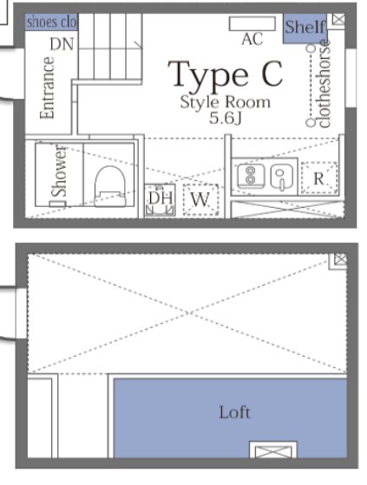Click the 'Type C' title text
tap(226, 75)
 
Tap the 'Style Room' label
tap(226, 102)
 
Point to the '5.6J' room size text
tap(226, 117)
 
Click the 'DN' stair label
tap(61, 43)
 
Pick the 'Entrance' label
tap(49, 88)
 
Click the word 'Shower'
tap(59, 170)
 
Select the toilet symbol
tap(108, 185)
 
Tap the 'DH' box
tap(161, 199)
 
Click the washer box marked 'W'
tap(200, 200)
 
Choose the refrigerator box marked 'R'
tap(319, 178)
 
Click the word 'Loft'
tap(234, 412)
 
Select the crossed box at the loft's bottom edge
tap(262, 449)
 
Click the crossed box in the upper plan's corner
tap(338, 19)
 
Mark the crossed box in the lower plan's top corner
tap(340, 258)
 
